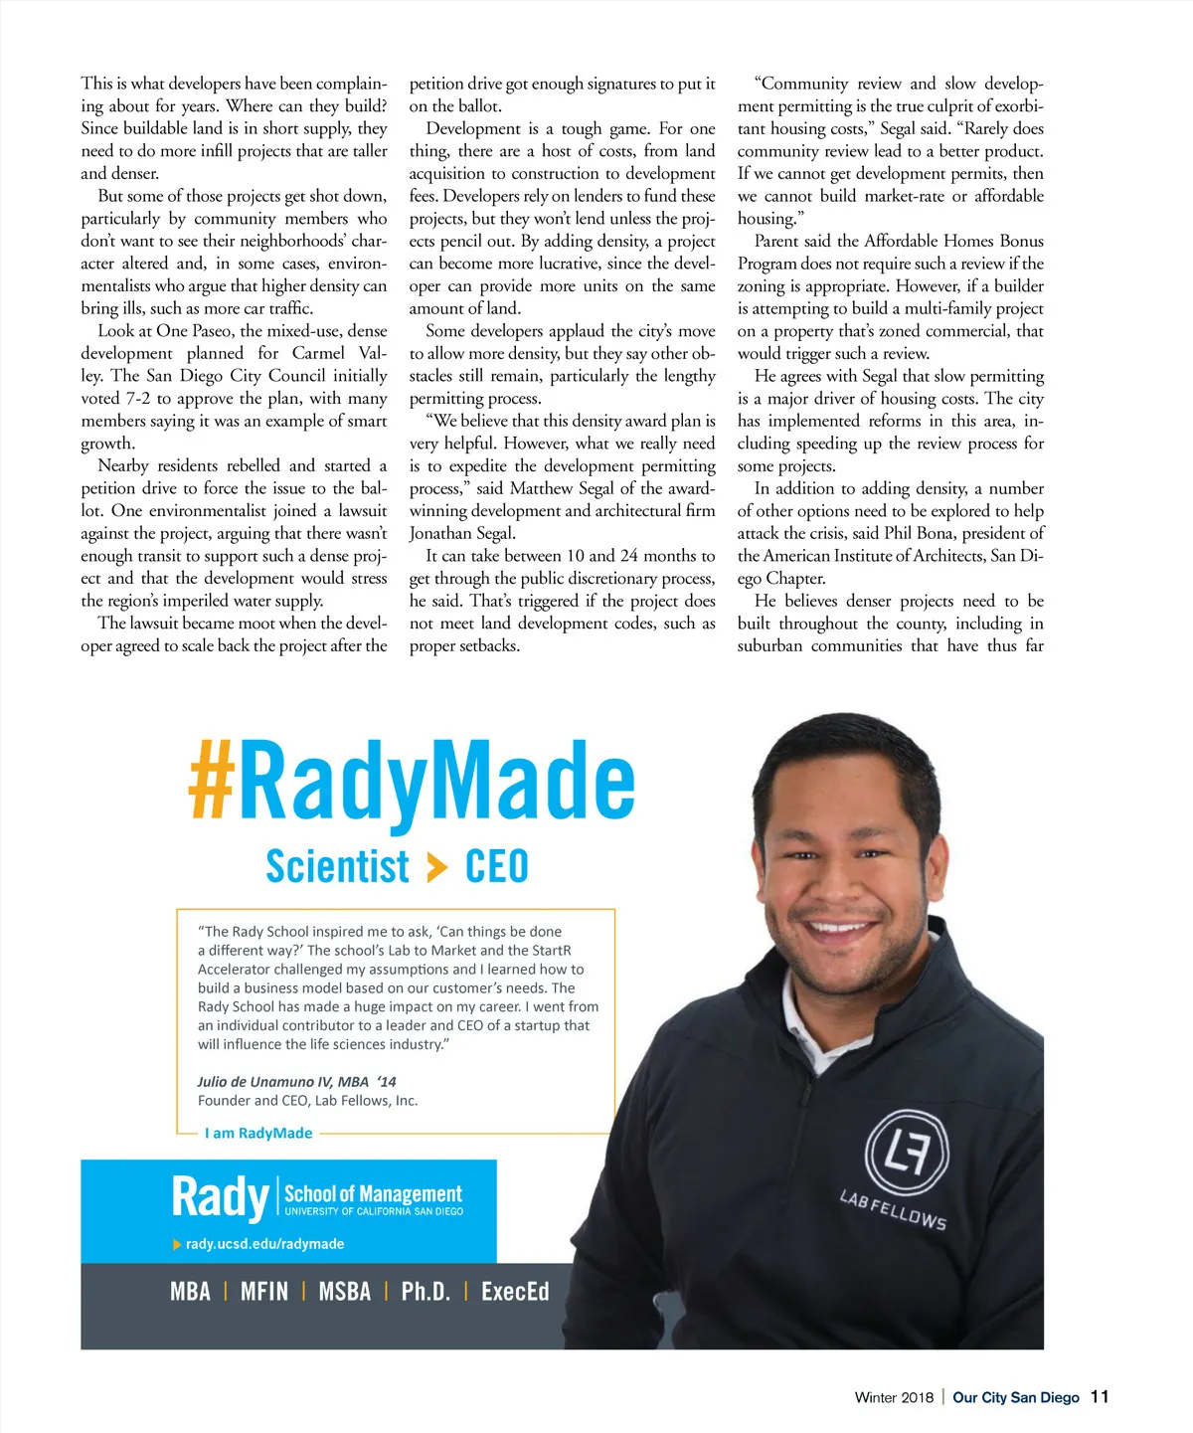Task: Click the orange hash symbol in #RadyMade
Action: (x=212, y=783)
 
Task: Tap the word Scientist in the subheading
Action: (x=337, y=867)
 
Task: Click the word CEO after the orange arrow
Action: (x=497, y=867)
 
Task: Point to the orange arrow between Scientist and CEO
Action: (x=436, y=868)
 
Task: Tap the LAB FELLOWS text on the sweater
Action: (x=893, y=1209)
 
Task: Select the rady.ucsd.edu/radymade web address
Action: (x=264, y=1244)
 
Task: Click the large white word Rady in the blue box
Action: (x=220, y=1196)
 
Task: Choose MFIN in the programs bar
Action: (x=264, y=1292)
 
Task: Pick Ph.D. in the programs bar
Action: (x=426, y=1292)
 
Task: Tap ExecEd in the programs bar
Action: (x=515, y=1292)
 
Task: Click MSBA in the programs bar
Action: (x=344, y=1292)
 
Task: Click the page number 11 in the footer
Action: (x=1100, y=1397)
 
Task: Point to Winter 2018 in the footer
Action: (x=894, y=1398)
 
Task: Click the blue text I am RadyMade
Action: (x=258, y=1134)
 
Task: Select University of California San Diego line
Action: (x=374, y=1212)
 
